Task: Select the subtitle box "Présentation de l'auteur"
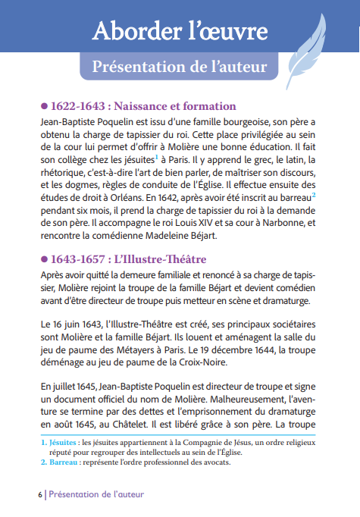tap(179, 67)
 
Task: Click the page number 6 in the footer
tap(39, 493)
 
